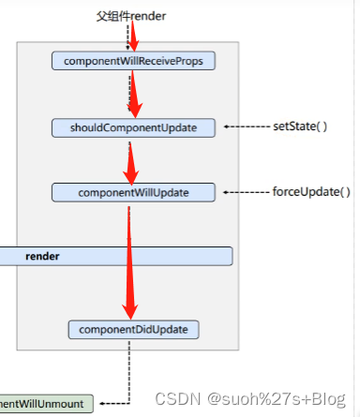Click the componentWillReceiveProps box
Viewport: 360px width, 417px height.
pos(133,61)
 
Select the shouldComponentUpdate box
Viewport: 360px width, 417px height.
pos(133,127)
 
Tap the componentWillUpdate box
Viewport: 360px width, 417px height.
pos(133,192)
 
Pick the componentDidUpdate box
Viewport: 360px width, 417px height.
pos(133,329)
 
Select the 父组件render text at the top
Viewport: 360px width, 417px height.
pos(133,17)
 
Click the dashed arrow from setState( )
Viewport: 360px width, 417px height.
pos(246,127)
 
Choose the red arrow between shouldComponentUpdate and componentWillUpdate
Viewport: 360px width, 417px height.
pos(131,159)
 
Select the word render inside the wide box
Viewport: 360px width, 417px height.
pos(41,256)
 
